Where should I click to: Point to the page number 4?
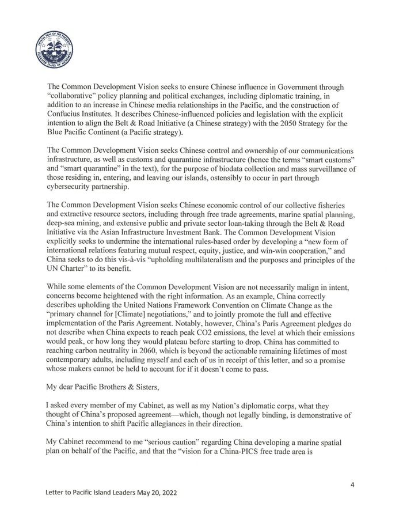pos(351,486)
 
